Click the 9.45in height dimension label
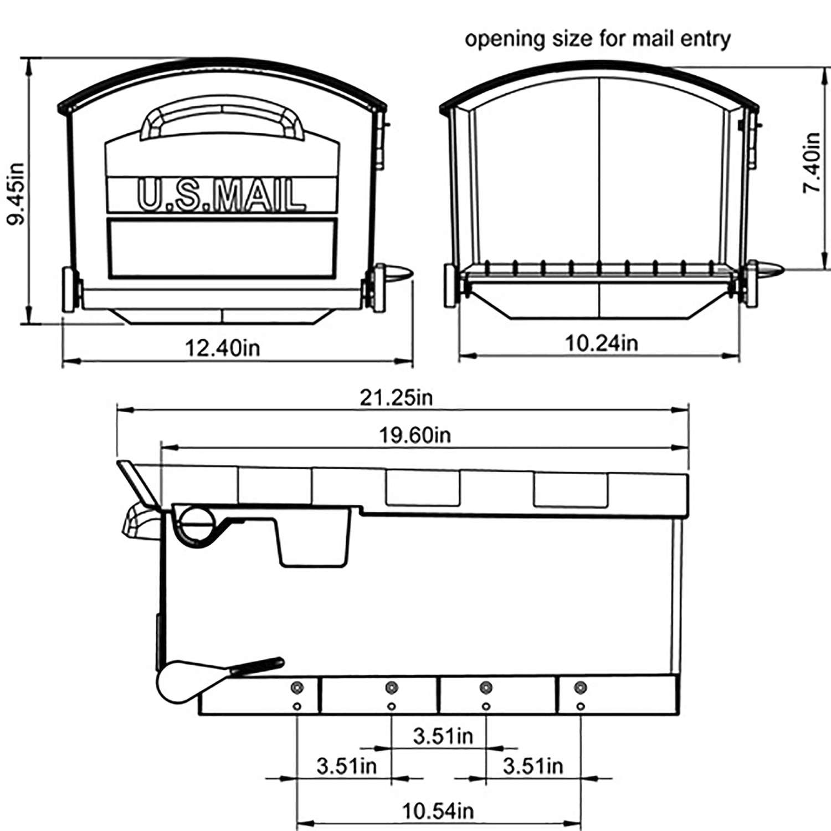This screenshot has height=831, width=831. pos(17,193)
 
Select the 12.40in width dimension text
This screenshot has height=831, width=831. pos(222,348)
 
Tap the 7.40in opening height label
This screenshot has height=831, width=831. pos(812,163)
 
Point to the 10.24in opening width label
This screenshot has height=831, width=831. pos(601,343)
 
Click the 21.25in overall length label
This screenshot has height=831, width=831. pos(396,397)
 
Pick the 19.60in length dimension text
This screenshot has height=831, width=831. pos(414,435)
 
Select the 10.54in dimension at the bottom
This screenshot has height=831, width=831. pos(438,812)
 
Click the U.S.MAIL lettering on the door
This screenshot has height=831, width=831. pos(221,196)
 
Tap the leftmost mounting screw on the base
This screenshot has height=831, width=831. pos(297,688)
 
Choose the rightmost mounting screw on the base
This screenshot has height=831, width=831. pos(580,688)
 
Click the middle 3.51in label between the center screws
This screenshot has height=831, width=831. pos(443,736)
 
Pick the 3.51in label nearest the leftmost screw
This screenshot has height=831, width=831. pos(346,766)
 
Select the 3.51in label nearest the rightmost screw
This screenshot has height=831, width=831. pos(532,766)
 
